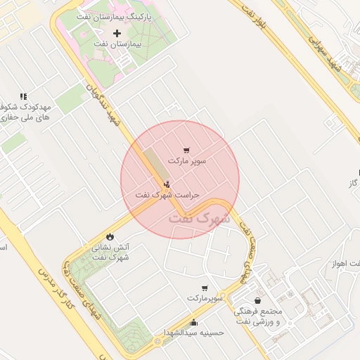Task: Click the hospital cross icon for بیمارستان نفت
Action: pos(117,34)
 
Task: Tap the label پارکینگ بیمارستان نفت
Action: pos(117,16)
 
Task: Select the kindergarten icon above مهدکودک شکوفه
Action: pos(23,96)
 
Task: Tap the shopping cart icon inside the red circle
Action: pos(186,150)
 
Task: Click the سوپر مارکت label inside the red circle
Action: pos(187,161)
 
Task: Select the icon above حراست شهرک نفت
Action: pos(165,184)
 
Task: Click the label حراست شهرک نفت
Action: pos(168,194)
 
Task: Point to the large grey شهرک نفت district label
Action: pos(200,219)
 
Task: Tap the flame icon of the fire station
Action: pos(110,236)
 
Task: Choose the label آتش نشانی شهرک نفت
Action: pos(110,252)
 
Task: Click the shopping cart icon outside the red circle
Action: pos(205,288)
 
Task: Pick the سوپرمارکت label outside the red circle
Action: pos(205,298)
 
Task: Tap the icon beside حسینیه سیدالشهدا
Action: pos(194,323)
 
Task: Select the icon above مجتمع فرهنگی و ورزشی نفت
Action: pos(259,301)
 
